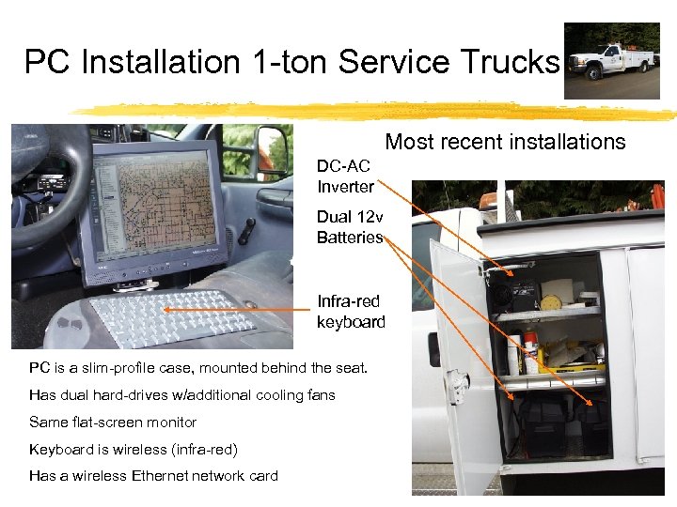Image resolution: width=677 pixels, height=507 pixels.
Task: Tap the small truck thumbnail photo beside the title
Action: click(611, 61)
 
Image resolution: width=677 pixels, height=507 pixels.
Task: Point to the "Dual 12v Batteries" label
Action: click(350, 226)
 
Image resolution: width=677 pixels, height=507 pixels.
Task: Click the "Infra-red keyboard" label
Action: click(351, 312)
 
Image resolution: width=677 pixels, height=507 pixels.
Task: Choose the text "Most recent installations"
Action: click(505, 142)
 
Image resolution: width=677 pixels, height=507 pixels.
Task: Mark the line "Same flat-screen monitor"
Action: click(113, 422)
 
